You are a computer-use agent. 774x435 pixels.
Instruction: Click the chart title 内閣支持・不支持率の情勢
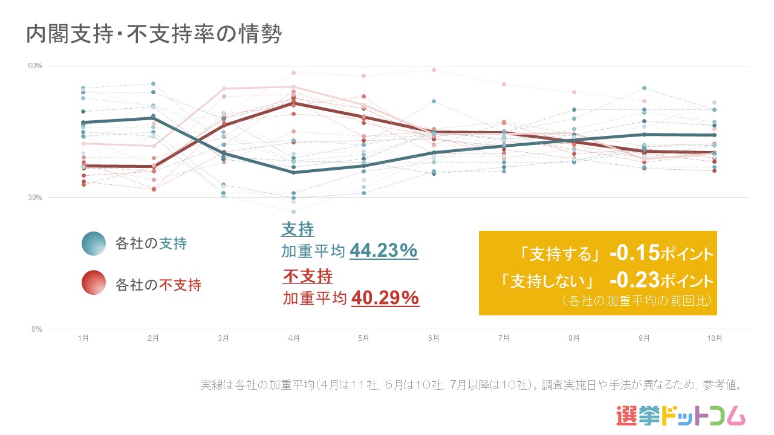[154, 35]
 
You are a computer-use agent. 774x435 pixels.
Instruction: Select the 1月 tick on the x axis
[83, 338]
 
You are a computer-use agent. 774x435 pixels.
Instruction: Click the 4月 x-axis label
[294, 338]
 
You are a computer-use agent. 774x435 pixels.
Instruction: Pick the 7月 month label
[504, 338]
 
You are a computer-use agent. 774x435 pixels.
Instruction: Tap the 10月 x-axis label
[714, 338]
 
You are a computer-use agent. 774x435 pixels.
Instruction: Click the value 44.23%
[384, 251]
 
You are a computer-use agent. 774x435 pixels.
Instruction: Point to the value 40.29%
[385, 298]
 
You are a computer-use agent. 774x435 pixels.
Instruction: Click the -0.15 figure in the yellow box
[632, 253]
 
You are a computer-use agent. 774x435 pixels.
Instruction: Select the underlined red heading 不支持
[308, 277]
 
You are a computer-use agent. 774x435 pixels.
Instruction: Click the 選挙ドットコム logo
[680, 416]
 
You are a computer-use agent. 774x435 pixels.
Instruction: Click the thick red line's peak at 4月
[294, 103]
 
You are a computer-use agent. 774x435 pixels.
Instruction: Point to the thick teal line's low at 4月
[294, 173]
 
